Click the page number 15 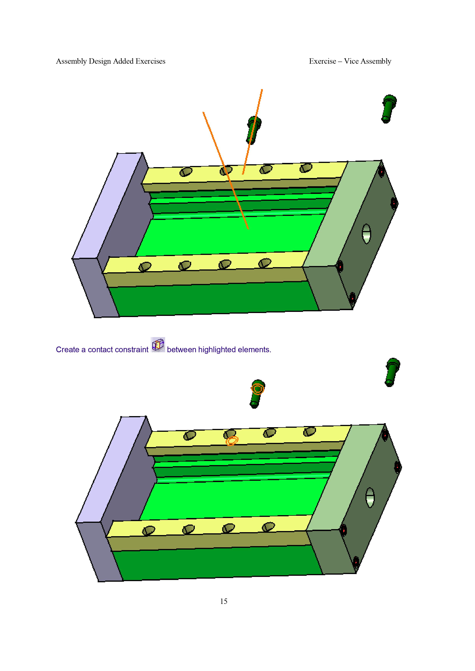[224, 601]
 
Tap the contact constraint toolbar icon [158, 345]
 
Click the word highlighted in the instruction [217, 350]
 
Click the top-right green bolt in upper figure [389, 109]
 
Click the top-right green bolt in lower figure [392, 372]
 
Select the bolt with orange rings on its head [257, 394]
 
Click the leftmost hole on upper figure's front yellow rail [145, 267]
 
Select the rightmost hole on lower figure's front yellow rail [268, 527]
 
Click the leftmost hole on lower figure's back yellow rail [190, 435]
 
